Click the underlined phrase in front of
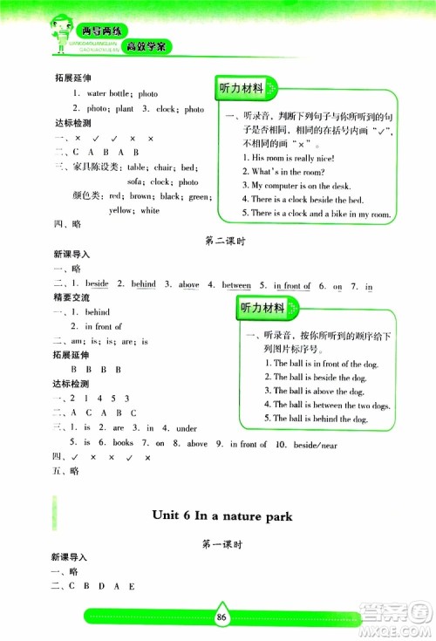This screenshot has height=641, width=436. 291,284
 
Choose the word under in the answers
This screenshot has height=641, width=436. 186,428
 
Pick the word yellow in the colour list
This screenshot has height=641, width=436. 121,210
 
